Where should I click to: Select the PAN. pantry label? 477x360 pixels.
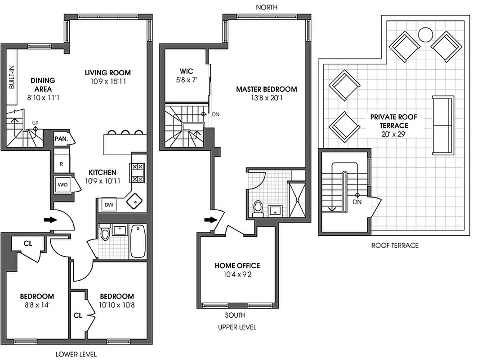61,139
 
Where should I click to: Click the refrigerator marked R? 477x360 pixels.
62,164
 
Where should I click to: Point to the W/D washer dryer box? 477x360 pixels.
62,184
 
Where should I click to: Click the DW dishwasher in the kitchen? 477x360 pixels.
108,205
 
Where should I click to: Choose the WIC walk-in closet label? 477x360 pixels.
186,71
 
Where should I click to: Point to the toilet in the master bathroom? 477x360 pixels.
258,208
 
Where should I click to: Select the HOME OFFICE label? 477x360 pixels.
237,265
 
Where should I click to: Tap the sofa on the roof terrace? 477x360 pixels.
443,125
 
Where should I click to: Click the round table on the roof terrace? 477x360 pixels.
425,34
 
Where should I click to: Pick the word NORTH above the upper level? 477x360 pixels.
267,7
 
